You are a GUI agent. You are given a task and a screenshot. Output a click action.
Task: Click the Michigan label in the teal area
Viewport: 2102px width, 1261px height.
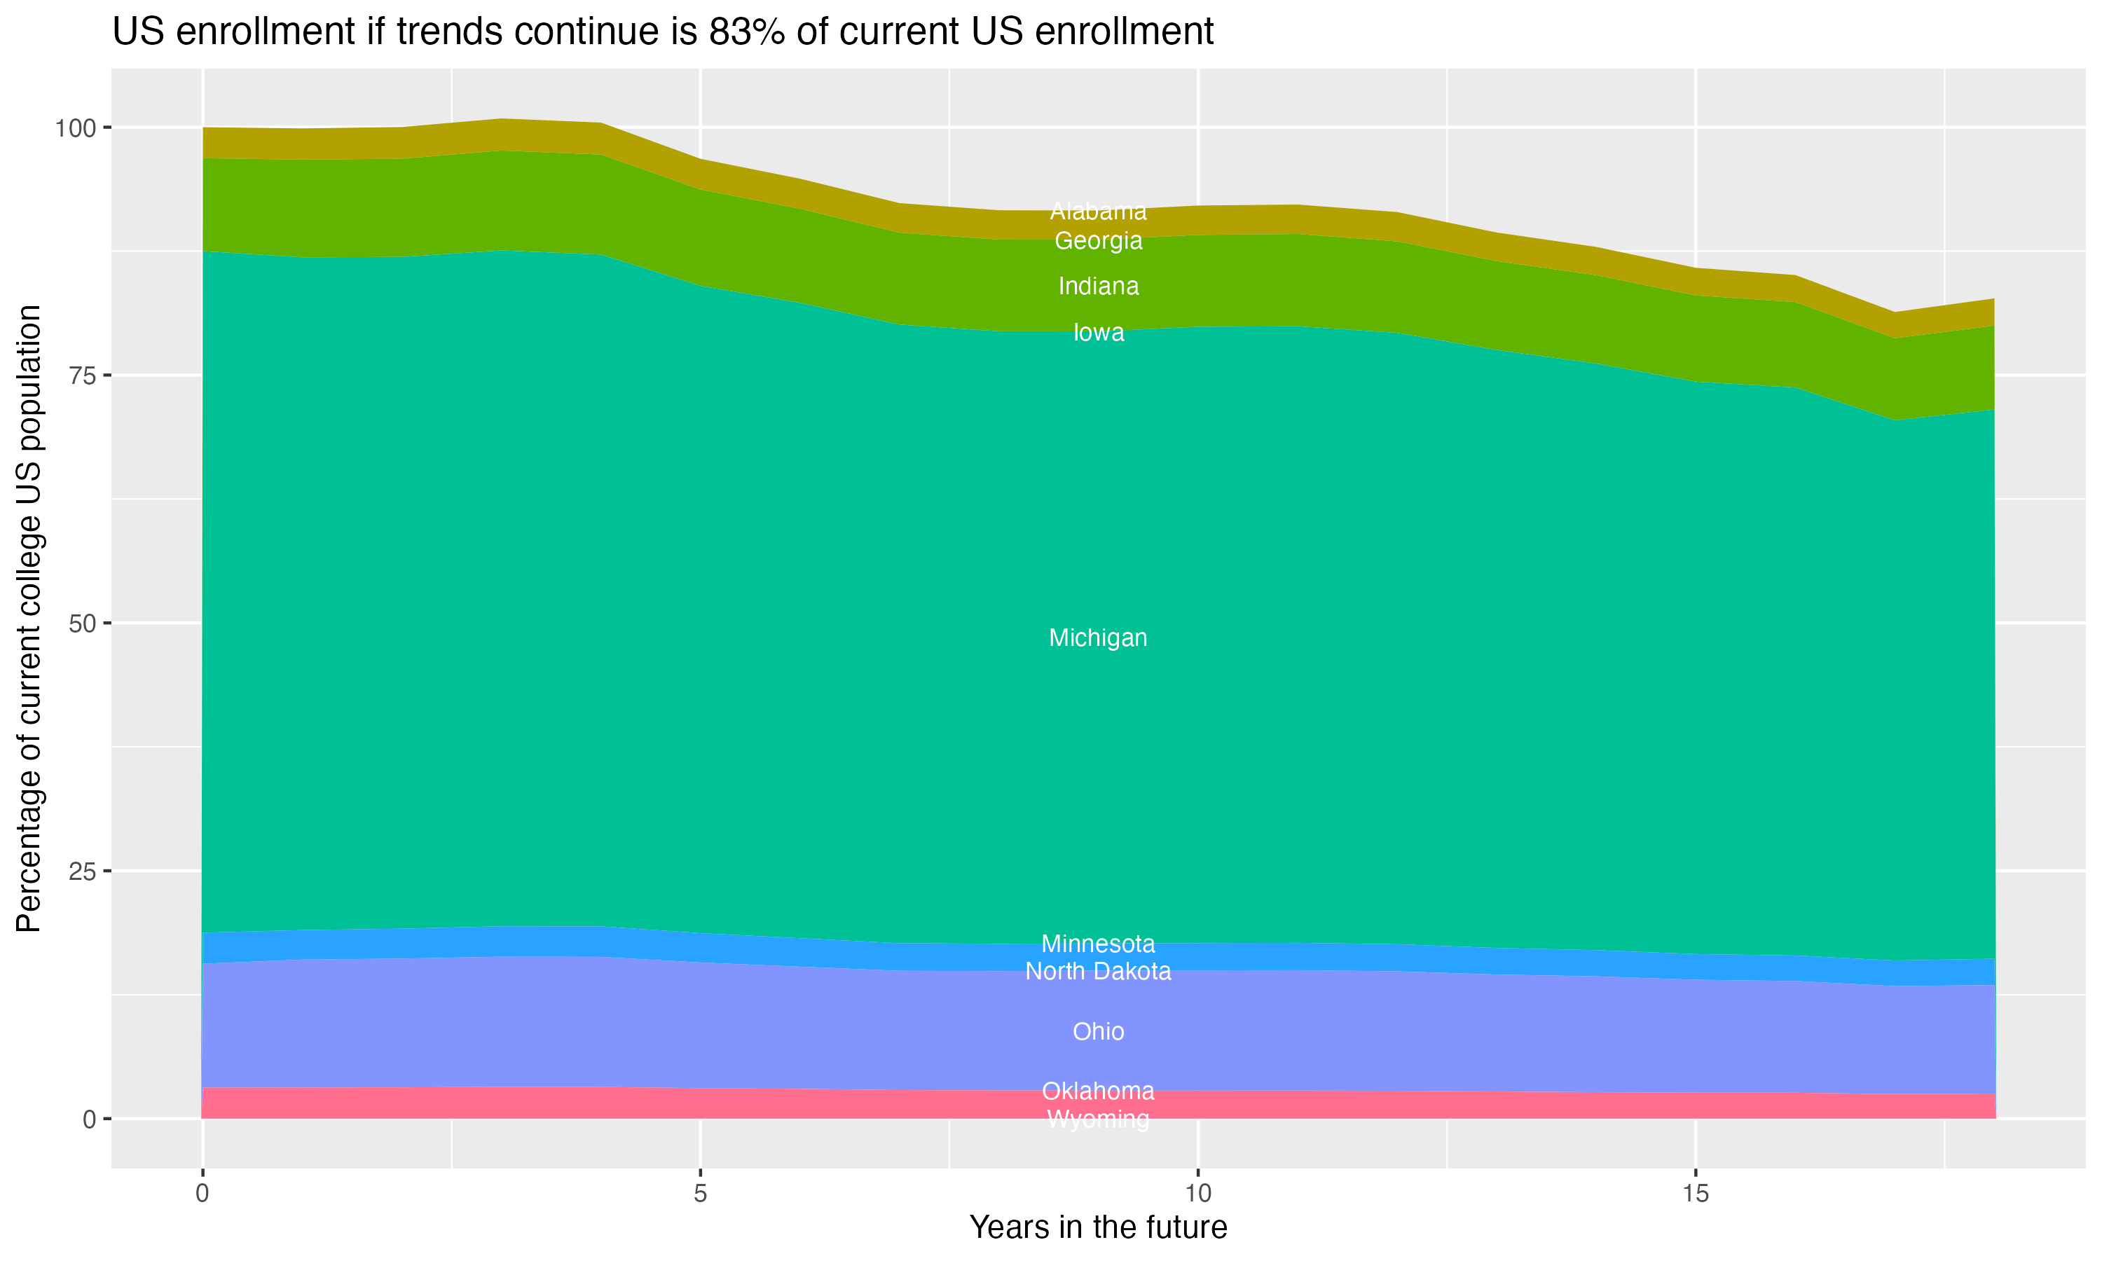point(1098,638)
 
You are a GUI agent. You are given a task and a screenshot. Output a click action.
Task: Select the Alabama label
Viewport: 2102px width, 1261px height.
point(1098,211)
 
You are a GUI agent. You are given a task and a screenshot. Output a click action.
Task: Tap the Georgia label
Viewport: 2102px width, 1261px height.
point(1098,241)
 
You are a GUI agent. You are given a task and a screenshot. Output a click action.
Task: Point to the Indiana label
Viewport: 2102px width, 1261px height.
point(1098,287)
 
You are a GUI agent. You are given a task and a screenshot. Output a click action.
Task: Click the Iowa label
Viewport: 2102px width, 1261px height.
point(1098,332)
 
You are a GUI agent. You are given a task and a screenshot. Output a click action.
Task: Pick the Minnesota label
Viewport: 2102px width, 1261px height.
point(1098,944)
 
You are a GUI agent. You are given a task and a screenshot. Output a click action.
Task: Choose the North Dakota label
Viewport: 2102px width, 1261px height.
point(1098,971)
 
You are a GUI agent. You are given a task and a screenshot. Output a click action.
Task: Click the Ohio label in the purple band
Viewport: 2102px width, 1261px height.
point(1098,1032)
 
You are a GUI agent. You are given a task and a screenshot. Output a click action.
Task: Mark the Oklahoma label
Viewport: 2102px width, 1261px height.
point(1098,1091)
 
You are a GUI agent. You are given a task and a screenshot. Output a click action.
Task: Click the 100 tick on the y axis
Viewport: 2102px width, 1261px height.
point(75,128)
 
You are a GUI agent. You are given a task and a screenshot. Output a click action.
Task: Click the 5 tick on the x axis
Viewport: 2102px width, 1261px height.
point(700,1194)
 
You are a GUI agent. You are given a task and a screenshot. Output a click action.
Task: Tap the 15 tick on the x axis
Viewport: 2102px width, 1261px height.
point(1695,1194)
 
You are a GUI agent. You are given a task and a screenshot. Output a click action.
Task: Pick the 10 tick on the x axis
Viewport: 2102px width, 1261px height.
point(1197,1194)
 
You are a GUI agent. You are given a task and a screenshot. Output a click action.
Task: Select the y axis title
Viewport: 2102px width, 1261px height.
point(29,618)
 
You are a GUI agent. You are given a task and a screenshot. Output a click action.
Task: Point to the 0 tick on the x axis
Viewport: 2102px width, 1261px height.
point(202,1194)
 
